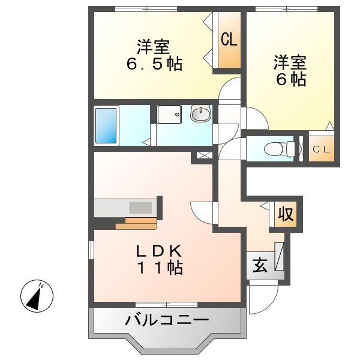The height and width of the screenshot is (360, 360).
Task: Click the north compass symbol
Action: [x=37, y=295]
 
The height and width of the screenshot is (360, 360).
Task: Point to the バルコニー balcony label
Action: [x=166, y=320]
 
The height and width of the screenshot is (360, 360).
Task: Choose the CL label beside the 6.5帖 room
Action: [x=229, y=40]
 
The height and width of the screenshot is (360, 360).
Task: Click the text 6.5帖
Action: [x=153, y=64]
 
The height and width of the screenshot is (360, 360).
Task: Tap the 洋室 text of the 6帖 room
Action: [x=290, y=62]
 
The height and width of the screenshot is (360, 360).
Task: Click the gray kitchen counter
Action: [x=126, y=208]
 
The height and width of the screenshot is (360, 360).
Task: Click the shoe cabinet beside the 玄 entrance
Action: [x=278, y=255]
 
